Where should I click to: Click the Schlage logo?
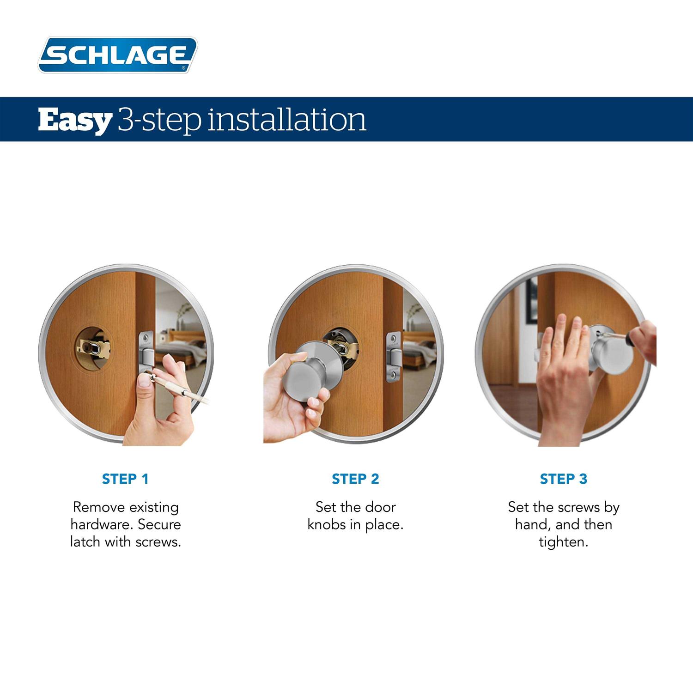click(x=117, y=55)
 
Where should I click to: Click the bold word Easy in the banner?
click(x=74, y=120)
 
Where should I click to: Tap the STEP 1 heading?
click(x=125, y=479)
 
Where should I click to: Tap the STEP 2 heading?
click(x=355, y=479)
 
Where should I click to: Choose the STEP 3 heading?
click(x=563, y=479)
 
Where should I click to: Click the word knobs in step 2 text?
click(x=326, y=525)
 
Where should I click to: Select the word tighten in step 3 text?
click(x=563, y=542)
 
